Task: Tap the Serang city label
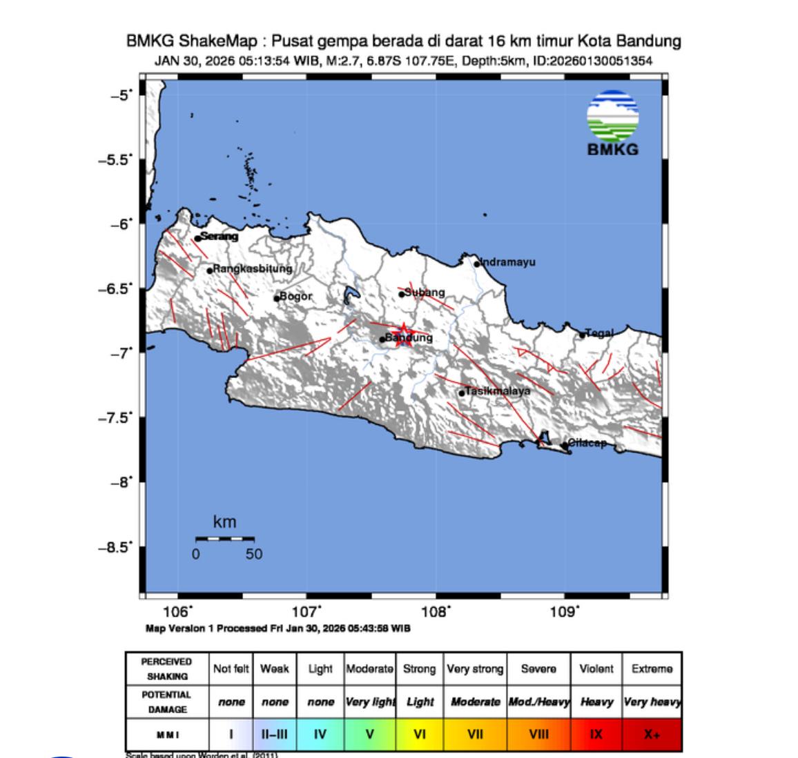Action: tap(218, 237)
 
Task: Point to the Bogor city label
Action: tap(295, 297)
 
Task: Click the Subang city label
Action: tap(424, 292)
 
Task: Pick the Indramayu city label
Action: tap(507, 262)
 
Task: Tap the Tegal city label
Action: tap(599, 333)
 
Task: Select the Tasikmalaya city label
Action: tap(498, 391)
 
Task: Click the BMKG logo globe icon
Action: tap(612, 114)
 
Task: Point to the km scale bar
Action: tap(224, 538)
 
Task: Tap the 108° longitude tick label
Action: tap(436, 611)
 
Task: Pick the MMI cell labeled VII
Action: tap(475, 735)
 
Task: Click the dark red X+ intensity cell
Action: tap(652, 735)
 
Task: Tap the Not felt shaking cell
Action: tap(231, 668)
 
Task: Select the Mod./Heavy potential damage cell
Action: tap(538, 702)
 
